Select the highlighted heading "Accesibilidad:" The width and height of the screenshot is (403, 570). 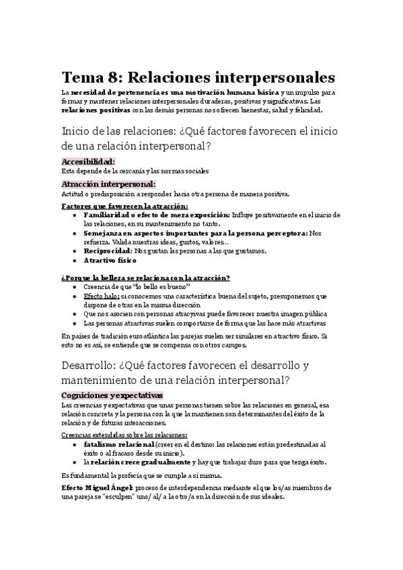tap(87, 161)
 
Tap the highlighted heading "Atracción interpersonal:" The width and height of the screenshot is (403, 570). tap(108, 184)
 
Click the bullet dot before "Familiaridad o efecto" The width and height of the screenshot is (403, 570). tap(73, 214)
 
